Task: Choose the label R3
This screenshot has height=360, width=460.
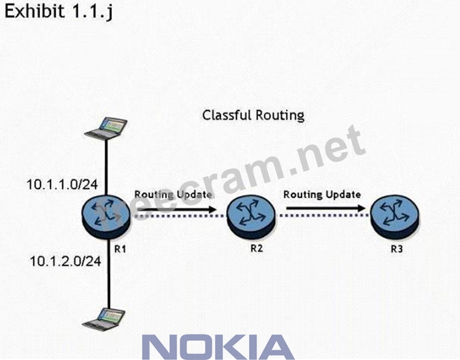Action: [397, 248]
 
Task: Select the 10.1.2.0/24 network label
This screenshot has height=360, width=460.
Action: [65, 261]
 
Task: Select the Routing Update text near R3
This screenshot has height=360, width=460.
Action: [322, 194]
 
